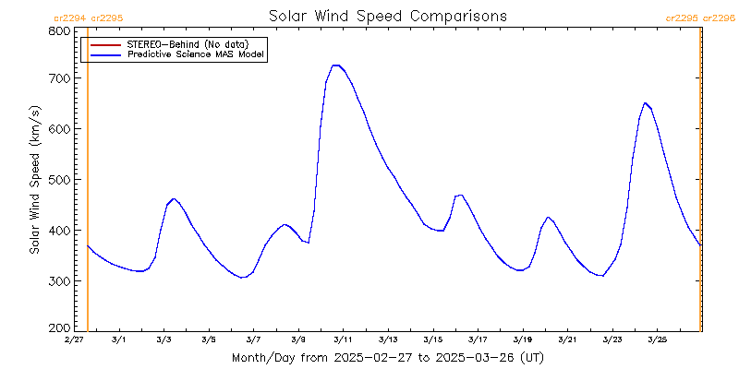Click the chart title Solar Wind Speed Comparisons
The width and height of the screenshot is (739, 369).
388,17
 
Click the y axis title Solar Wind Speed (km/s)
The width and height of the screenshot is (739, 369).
35,180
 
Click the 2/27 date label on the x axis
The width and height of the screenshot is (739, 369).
74,340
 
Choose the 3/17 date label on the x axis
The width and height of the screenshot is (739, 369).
478,340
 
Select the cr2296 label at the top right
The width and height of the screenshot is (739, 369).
720,18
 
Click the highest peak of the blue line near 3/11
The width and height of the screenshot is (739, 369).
336,65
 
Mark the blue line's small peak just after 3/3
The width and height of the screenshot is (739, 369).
174,198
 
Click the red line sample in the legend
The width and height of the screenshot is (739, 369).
106,44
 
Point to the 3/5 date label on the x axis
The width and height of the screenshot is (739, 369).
209,340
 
